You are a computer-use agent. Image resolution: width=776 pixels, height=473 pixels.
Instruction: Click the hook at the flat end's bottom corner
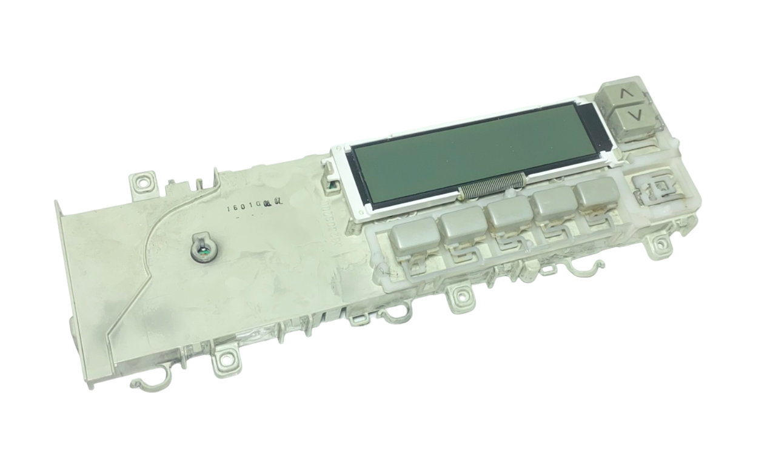click(x=142, y=383)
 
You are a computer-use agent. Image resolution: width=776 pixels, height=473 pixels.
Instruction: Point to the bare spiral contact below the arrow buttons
click(x=654, y=186)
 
